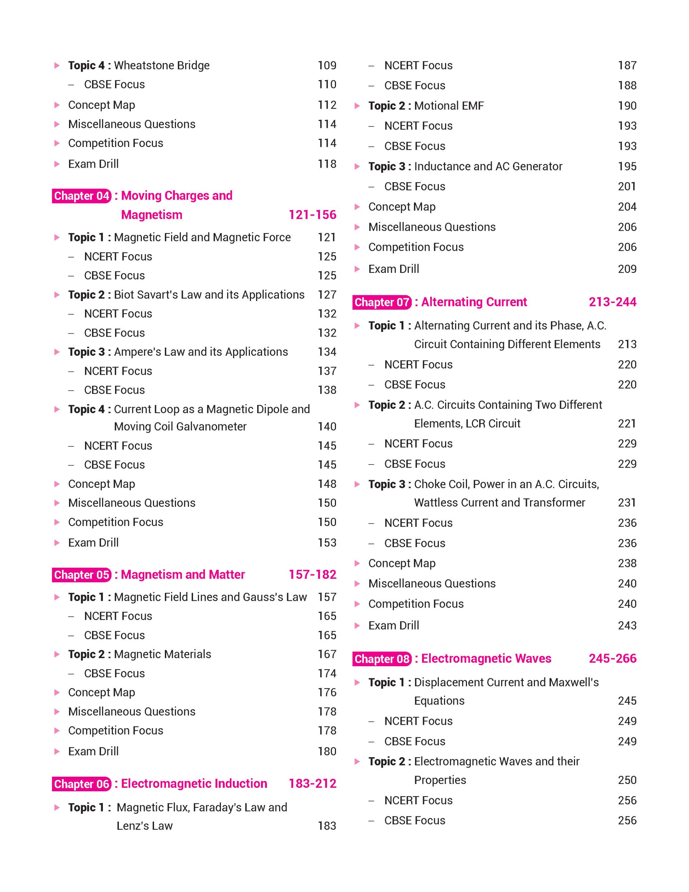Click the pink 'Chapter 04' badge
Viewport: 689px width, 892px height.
click(82, 195)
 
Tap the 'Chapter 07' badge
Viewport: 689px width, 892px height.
click(382, 302)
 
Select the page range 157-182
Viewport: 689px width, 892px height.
click(313, 574)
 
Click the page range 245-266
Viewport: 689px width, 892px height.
click(612, 659)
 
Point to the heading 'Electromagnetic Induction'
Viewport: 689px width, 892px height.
click(194, 783)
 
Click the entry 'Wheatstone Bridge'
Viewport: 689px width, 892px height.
click(162, 66)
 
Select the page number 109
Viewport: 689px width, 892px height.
click(327, 66)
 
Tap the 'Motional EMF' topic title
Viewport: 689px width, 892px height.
click(449, 106)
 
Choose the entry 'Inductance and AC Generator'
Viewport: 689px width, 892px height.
click(488, 166)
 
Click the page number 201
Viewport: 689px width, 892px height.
click(627, 186)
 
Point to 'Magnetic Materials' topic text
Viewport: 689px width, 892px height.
click(162, 654)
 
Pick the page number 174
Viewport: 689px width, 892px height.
click(327, 673)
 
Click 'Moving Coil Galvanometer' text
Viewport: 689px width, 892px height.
click(180, 426)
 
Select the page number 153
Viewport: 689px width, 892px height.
click(327, 543)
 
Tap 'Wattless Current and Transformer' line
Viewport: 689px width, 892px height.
click(499, 502)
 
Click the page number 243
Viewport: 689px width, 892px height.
click(627, 625)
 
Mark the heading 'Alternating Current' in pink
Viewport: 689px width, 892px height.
click(474, 302)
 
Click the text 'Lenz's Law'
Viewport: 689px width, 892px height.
click(145, 825)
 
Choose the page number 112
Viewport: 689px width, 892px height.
click(327, 105)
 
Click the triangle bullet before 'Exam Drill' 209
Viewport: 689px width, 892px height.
click(357, 269)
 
